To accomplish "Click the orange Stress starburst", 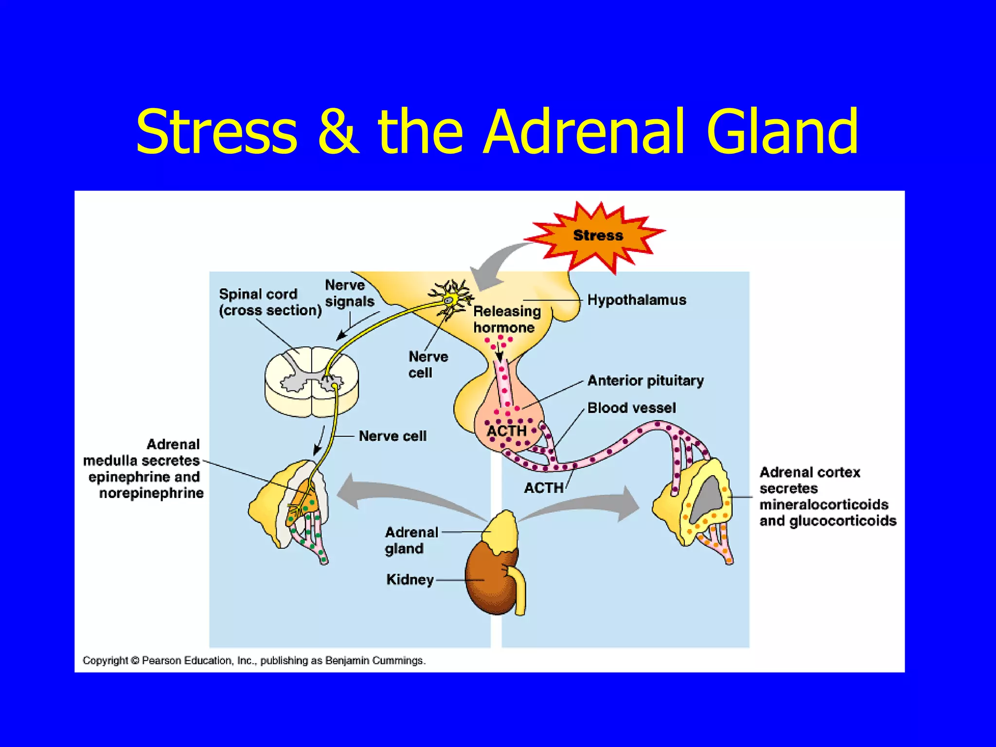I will (x=597, y=235).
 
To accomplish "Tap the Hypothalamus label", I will (x=636, y=300).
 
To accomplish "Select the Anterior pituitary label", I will (x=645, y=380).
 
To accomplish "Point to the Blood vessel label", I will (x=631, y=408).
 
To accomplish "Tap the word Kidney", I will (x=409, y=580).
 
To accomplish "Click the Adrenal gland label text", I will (x=411, y=540).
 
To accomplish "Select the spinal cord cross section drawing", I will (x=311, y=382).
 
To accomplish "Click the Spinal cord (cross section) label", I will (x=270, y=302).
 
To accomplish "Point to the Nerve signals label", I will (x=349, y=293).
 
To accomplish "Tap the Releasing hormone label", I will (x=507, y=320).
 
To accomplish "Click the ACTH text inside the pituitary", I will (x=507, y=431).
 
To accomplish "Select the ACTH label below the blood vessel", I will (x=543, y=488).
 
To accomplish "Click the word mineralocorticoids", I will (x=823, y=504).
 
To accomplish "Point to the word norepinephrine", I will (x=151, y=493).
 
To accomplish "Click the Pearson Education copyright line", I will (x=254, y=660).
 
